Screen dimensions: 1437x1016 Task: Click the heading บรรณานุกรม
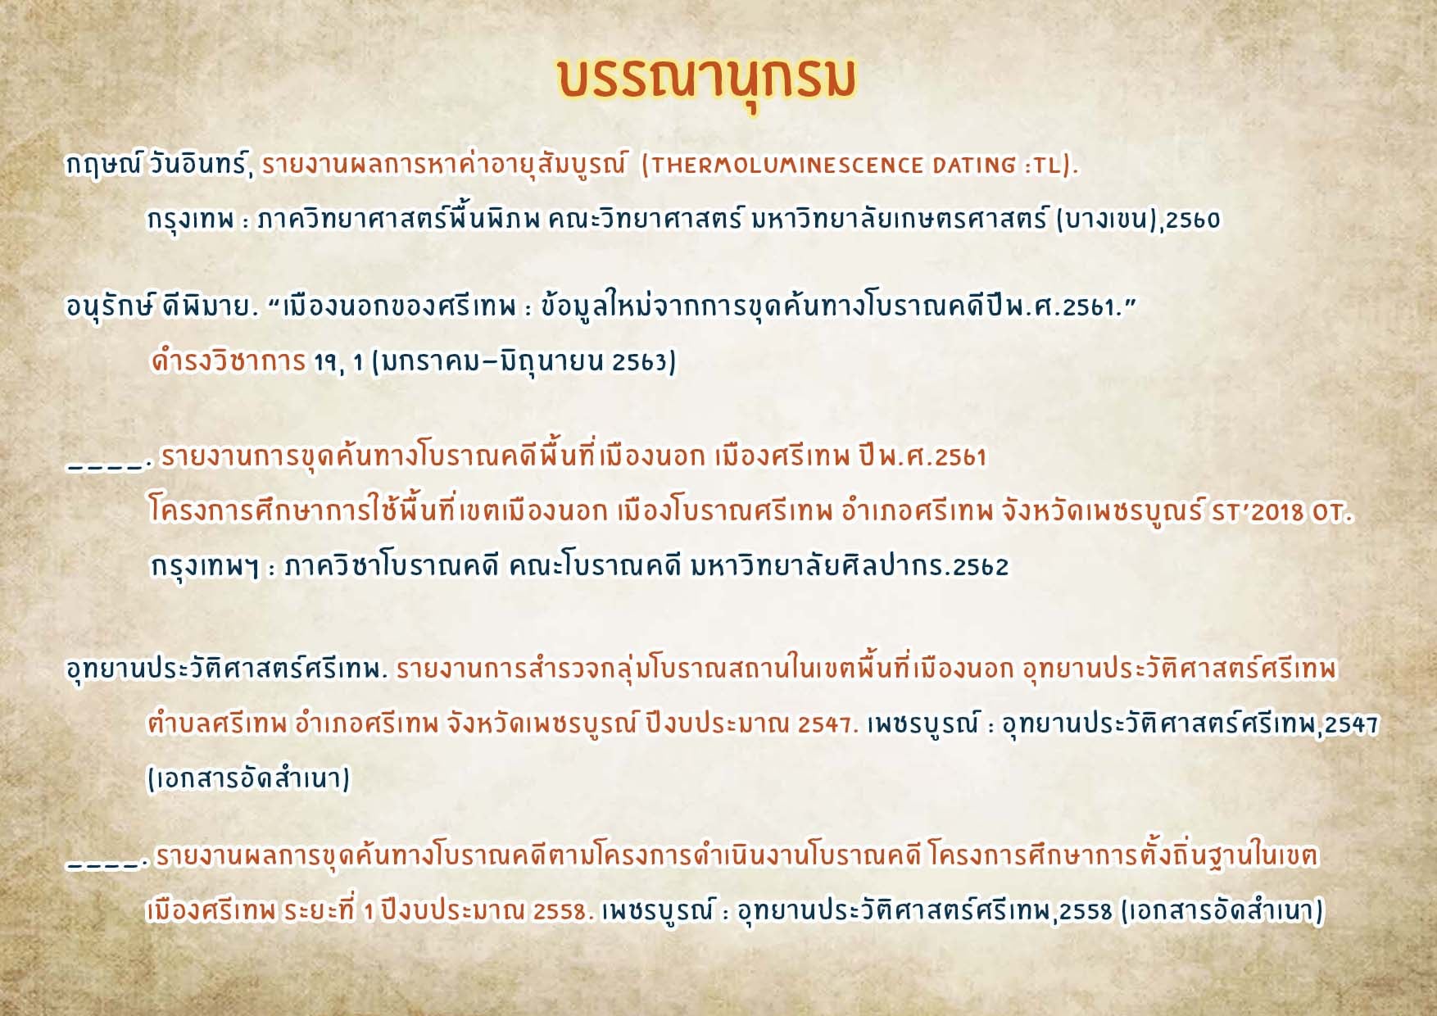(706, 80)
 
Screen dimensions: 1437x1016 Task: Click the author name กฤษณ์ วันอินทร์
(156, 165)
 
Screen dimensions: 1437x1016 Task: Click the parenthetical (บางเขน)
(1106, 220)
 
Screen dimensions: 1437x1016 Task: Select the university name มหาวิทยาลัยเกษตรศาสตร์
(899, 219)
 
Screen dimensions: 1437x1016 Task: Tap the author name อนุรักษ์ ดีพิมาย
(161, 307)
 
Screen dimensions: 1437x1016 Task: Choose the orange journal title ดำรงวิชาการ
(228, 361)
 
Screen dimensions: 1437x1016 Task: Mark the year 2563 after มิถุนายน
(644, 361)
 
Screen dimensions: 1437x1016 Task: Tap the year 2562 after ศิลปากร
(981, 567)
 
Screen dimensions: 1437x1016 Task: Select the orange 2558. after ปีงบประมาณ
(563, 911)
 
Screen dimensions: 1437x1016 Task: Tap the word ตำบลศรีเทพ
(216, 723)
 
